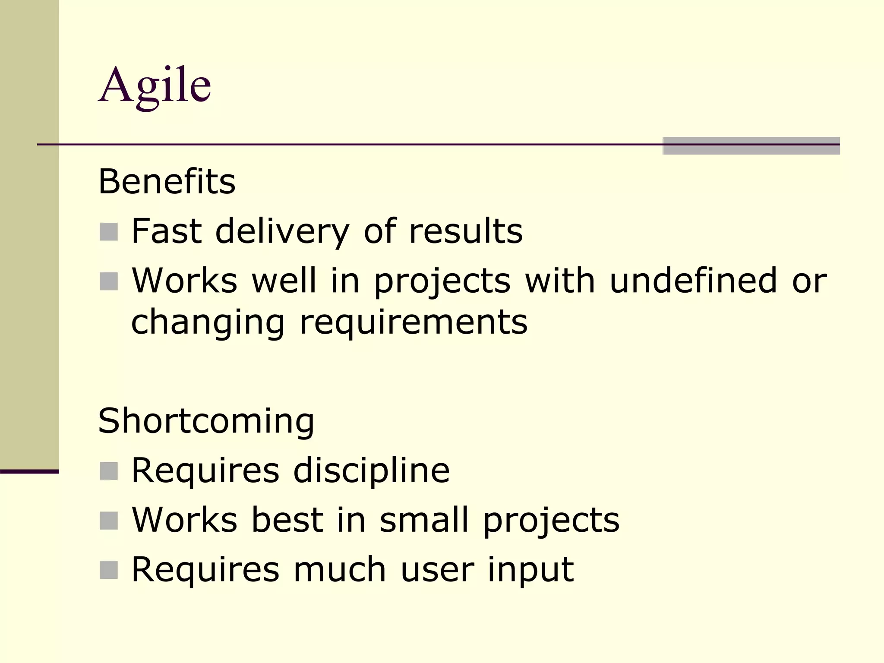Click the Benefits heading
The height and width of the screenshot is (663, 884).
[167, 182]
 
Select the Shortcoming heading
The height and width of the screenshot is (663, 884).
[206, 421]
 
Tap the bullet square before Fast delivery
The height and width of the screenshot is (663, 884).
[109, 232]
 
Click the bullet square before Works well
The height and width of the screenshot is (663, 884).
[109, 281]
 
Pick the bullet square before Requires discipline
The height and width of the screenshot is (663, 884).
[109, 471]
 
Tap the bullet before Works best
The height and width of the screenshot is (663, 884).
[109, 521]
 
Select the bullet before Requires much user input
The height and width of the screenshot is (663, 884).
[109, 570]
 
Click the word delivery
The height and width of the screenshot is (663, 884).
[282, 232]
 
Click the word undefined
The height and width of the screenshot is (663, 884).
[693, 281]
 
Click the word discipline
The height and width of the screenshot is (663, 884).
[371, 470]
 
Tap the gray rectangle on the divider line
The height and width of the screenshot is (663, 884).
[751, 145]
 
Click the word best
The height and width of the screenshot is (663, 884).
[287, 520]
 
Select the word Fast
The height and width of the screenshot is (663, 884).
[166, 232]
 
